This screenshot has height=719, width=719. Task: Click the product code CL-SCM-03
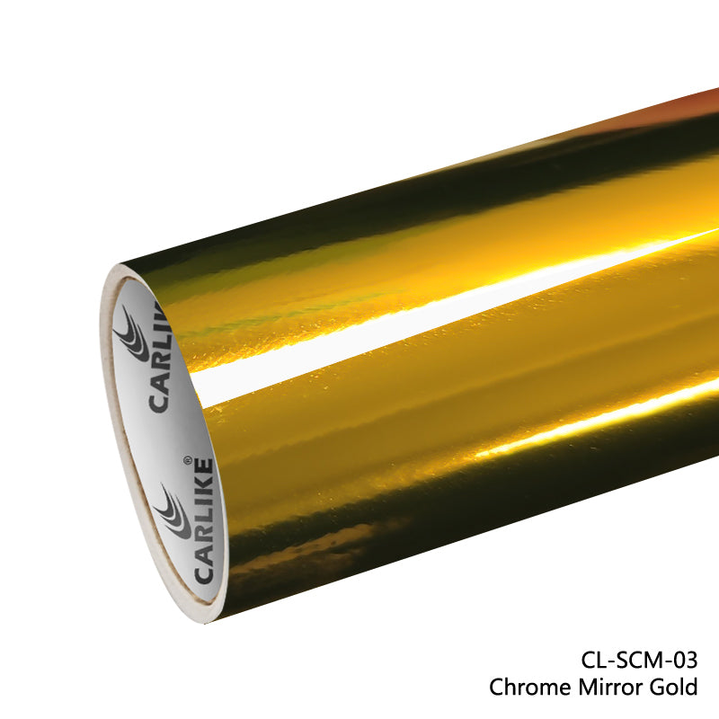click(x=639, y=661)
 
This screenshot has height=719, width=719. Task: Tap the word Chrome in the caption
click(x=531, y=687)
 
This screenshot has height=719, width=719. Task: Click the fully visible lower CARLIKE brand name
click(x=204, y=521)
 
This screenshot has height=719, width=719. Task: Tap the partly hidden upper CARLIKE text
click(x=161, y=359)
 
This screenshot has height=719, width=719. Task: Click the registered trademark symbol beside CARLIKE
click(x=188, y=460)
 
